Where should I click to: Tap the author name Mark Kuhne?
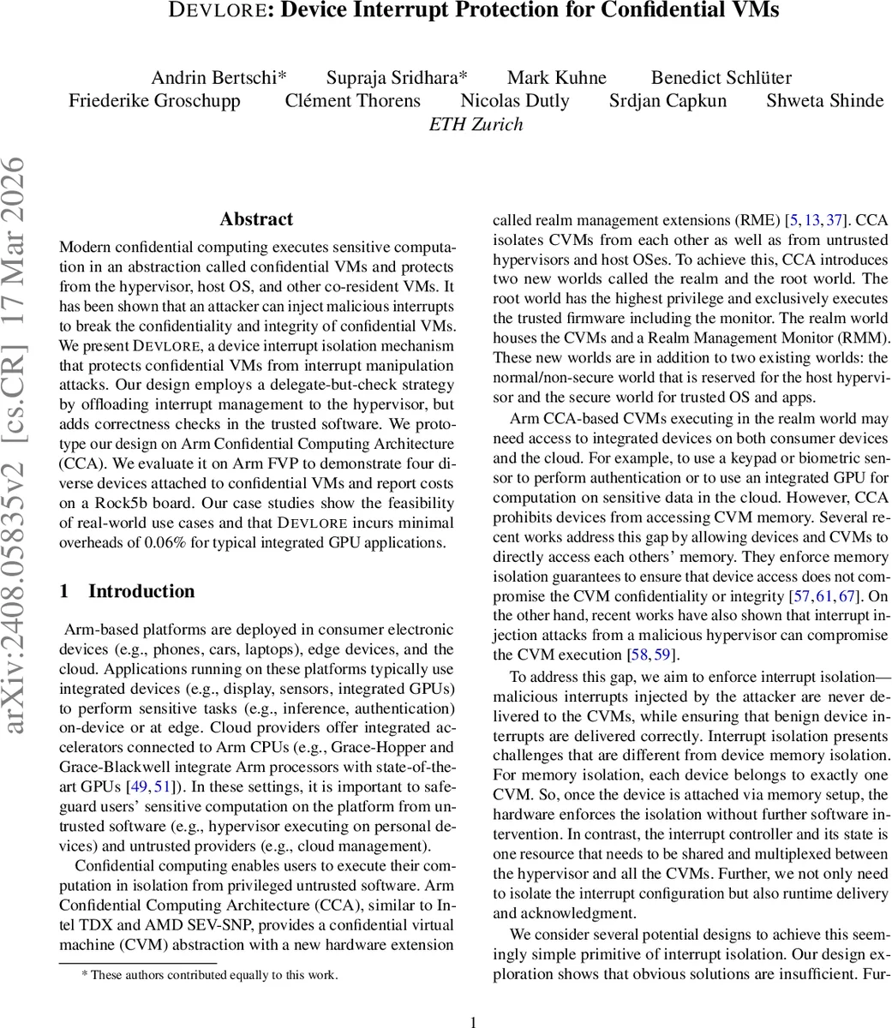pyautogui.click(x=557, y=78)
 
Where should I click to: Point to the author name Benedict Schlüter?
pyautogui.click(x=721, y=78)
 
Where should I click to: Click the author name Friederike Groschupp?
pyautogui.click(x=154, y=101)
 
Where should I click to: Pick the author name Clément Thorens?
pyautogui.click(x=352, y=101)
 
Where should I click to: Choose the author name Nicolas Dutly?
pyautogui.click(x=515, y=101)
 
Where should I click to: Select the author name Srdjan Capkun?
pyautogui.click(x=668, y=101)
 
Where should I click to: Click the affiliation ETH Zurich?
pyautogui.click(x=476, y=124)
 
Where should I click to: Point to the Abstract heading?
pyautogui.click(x=256, y=219)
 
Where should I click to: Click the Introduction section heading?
pyautogui.click(x=141, y=591)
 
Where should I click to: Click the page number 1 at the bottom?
pyautogui.click(x=474, y=1019)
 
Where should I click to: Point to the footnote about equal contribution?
pyautogui.click(x=210, y=974)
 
